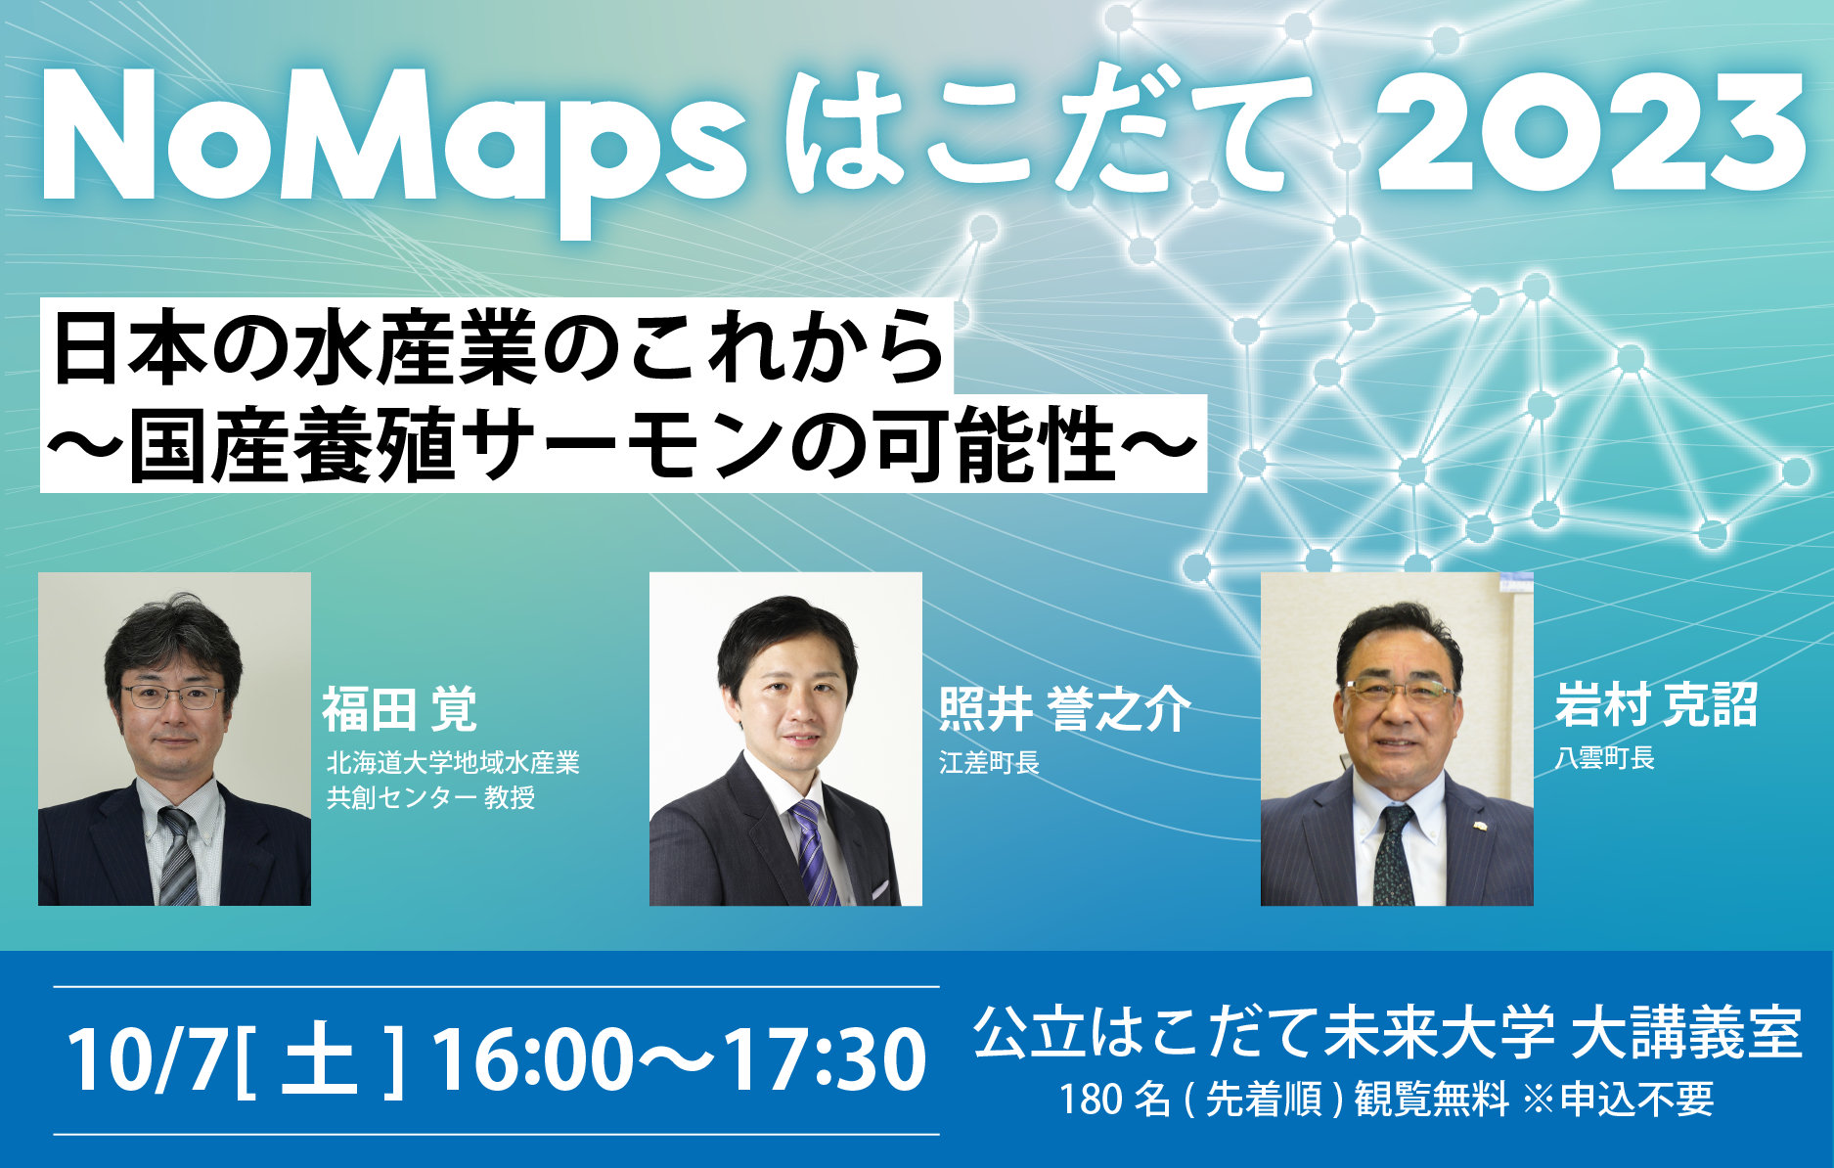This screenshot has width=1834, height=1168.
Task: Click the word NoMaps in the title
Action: tap(391, 137)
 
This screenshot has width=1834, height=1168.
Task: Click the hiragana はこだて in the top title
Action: tap(1047, 132)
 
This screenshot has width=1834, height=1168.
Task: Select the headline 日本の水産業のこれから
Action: tap(497, 347)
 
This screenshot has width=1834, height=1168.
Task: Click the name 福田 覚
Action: tap(399, 709)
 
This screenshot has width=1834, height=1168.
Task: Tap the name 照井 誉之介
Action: tap(1064, 709)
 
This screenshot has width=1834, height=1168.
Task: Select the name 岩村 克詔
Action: tap(1656, 704)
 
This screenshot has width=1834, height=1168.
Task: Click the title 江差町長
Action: tap(988, 763)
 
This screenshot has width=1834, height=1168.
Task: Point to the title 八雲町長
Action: tap(1604, 758)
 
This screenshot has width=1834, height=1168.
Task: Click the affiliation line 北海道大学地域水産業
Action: tap(453, 763)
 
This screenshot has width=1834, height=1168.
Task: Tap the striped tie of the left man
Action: tap(178, 856)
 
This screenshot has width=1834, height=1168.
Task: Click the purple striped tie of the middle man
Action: tap(813, 851)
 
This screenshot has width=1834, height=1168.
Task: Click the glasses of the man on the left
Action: tap(173, 697)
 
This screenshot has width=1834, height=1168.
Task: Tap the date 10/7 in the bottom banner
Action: tap(147, 1061)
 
